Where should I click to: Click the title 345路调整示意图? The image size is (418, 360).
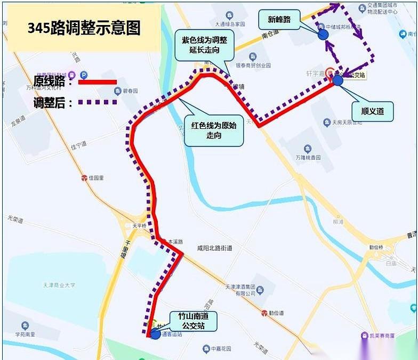[x=84, y=28]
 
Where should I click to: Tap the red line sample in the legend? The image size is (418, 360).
[x=97, y=82]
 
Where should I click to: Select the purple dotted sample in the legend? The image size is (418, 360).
[x=98, y=102]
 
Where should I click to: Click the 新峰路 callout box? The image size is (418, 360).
[x=279, y=20]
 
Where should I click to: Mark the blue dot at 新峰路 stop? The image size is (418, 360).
[x=323, y=35]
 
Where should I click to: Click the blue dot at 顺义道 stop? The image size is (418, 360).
[x=337, y=80]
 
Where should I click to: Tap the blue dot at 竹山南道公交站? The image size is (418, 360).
[x=155, y=334]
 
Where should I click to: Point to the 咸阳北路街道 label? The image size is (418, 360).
[x=214, y=248]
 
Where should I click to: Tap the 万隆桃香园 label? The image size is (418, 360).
[x=308, y=158]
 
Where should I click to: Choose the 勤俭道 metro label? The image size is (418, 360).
[x=276, y=313]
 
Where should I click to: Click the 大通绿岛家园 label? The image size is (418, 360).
[x=230, y=24]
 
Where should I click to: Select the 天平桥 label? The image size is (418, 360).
[x=139, y=226]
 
